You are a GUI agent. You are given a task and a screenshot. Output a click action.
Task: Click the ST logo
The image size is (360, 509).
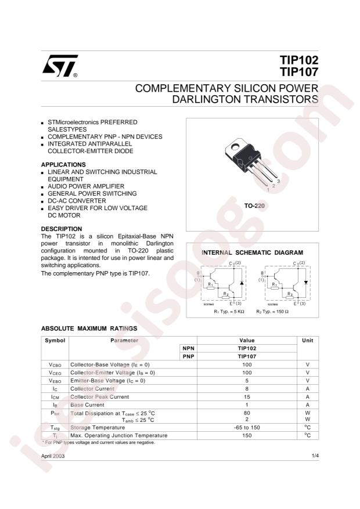pos(58,67)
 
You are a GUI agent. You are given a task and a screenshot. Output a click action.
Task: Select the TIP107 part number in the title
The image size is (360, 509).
pos(300,74)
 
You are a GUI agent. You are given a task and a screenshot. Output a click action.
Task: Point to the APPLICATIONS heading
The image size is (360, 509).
pos(63,165)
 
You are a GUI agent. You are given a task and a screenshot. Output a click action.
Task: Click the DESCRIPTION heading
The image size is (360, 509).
pos(62,229)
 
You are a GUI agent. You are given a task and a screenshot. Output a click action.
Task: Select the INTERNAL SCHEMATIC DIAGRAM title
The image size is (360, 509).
pos(252,253)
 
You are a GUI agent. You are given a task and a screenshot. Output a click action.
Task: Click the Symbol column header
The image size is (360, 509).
pos(55,340)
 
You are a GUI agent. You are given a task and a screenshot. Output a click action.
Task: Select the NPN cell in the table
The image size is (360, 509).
pos(188,348)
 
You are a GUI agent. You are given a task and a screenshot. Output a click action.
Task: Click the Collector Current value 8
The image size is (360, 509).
pos(247,388)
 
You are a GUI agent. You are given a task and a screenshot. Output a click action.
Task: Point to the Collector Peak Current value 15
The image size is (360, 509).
pos(247,396)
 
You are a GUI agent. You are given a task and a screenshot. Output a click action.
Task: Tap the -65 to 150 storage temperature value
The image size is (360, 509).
pos(247,427)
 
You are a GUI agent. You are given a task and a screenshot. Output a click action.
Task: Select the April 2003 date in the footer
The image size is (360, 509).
pos(53,457)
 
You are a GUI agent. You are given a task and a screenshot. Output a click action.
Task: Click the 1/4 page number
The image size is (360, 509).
pos(315,457)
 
